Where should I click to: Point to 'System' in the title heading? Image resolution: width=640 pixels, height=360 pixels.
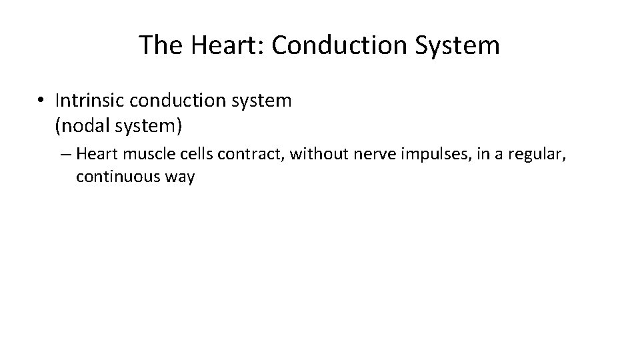(459, 45)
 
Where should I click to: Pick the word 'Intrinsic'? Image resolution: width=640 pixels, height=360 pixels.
(89, 101)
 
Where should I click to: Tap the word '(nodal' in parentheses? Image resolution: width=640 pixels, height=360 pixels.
(84, 125)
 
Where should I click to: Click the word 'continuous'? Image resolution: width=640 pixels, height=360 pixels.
(117, 178)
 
